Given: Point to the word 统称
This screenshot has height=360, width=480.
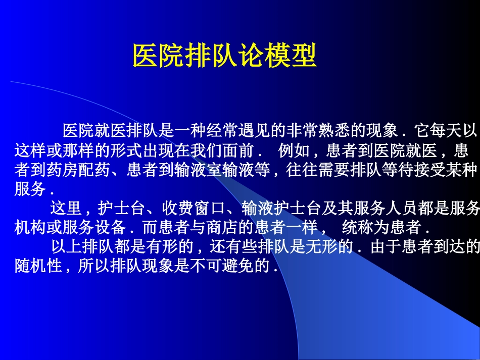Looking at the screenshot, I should click(x=358, y=227).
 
